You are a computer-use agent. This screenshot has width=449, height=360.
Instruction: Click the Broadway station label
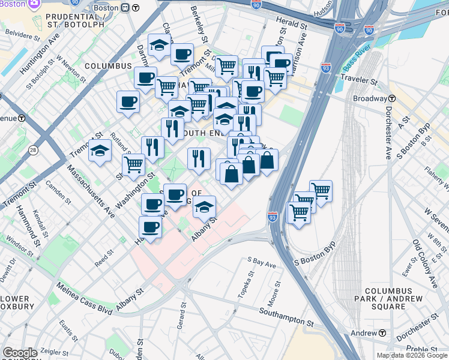pyautogui.click(x=370, y=98)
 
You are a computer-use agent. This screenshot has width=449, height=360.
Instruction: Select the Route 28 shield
pyautogui.click(x=32, y=149)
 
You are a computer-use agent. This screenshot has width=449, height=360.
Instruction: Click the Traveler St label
pyautogui.click(x=358, y=79)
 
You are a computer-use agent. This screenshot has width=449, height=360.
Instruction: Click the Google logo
pyautogui.click(x=20, y=352)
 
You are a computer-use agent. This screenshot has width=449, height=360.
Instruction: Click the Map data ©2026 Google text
pyautogui.click(x=412, y=355)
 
